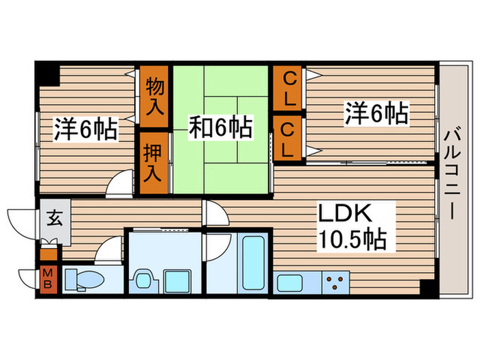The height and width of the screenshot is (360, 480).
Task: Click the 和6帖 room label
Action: click(220, 126)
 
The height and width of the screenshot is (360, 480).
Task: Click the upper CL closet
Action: click(289, 88)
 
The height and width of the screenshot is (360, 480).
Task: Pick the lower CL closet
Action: click(289, 138)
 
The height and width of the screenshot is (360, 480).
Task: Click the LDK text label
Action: click(346, 214)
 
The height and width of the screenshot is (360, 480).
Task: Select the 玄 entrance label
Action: click(53, 219)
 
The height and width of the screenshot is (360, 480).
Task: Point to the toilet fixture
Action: click(88, 278)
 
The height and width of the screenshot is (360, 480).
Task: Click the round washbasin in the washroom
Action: click(144, 280)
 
